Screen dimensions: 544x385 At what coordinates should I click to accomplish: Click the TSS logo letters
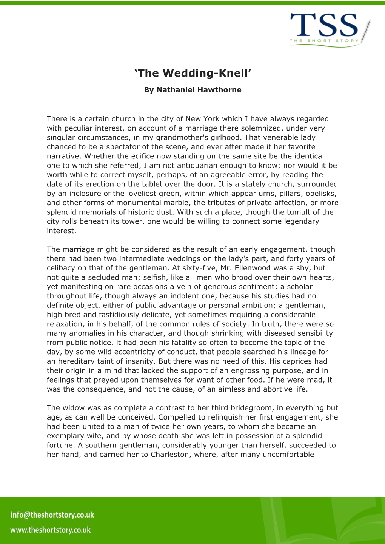tap(324, 26)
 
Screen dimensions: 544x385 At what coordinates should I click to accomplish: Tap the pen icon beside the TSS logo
tap(366, 31)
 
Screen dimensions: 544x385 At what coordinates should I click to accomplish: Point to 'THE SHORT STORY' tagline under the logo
tap(324, 41)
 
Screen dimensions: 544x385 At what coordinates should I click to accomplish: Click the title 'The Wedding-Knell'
tap(192, 73)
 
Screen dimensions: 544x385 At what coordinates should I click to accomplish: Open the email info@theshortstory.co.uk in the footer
tap(52, 515)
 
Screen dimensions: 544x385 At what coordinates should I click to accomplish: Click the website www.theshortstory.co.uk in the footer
tap(50, 530)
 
